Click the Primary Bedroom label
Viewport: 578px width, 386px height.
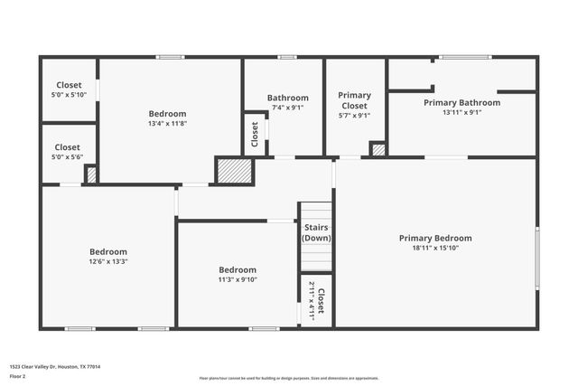[435, 239]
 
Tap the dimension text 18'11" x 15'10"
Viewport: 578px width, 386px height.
[435, 249]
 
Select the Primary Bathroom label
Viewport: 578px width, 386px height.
[461, 103]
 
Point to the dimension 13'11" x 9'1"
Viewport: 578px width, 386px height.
[461, 113]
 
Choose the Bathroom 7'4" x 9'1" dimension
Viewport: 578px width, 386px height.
[287, 108]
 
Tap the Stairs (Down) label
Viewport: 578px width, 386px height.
[316, 232]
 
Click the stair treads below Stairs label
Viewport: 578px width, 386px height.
[316, 258]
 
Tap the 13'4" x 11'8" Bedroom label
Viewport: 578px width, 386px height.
[167, 118]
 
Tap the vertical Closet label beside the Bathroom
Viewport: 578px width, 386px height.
[255, 134]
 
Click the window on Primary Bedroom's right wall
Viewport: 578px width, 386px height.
[537, 259]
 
